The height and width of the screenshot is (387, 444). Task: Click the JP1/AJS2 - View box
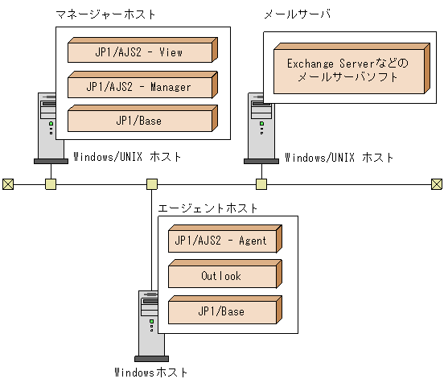[x=140, y=52]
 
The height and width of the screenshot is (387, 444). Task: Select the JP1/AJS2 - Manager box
[x=140, y=86]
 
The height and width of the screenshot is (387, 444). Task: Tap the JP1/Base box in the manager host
[x=140, y=120]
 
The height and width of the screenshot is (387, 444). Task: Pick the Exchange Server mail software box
[x=347, y=70]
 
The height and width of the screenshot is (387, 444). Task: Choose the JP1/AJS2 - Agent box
[x=223, y=241]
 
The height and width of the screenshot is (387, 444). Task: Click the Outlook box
[x=223, y=276]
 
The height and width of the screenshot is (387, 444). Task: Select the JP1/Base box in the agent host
[x=223, y=311]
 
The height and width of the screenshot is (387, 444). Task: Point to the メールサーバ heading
[x=298, y=14]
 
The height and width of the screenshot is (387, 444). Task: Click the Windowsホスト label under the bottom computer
[x=152, y=373]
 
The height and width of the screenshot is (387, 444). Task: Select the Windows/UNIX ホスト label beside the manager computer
[x=127, y=157]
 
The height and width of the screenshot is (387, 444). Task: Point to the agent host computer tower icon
[x=150, y=322]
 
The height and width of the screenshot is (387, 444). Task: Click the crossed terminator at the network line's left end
[x=7, y=184]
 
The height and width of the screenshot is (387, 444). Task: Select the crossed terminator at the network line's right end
[x=437, y=184]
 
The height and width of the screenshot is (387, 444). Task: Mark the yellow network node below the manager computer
[x=50, y=184]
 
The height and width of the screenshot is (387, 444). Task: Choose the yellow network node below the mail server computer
[x=261, y=184]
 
